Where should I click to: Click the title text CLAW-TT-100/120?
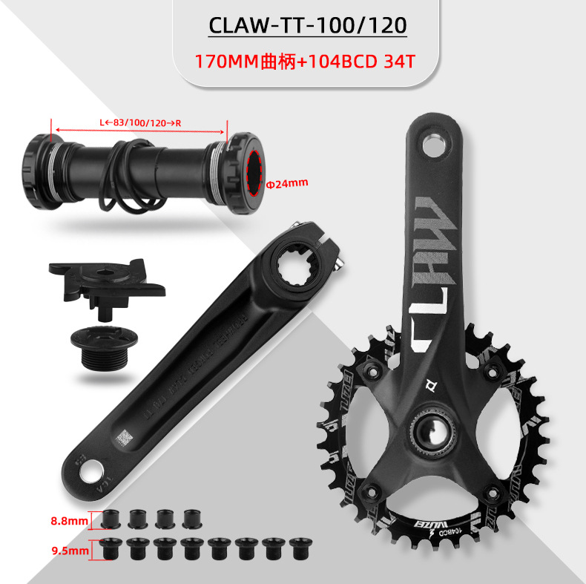[x=308, y=26]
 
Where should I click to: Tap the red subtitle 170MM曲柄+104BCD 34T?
[x=303, y=61]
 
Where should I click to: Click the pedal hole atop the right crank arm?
[x=433, y=141]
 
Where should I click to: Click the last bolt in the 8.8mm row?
[x=191, y=518]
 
